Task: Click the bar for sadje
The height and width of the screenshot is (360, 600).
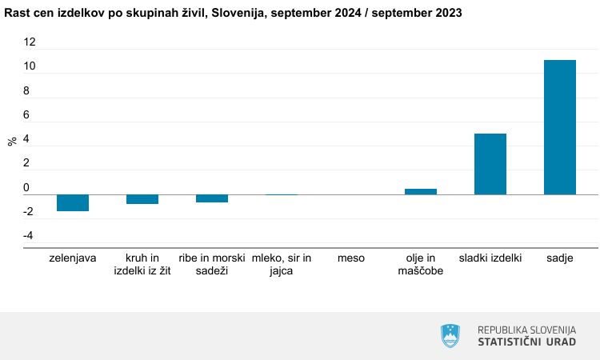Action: (x=560, y=126)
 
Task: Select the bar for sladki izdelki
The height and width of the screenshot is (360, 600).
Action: (x=490, y=164)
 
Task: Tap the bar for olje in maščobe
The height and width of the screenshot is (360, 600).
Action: (x=421, y=191)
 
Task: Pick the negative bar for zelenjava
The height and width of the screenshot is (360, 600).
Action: (x=73, y=202)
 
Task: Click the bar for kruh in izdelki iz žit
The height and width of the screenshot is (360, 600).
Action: (x=142, y=199)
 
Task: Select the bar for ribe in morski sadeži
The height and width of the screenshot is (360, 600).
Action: (x=212, y=198)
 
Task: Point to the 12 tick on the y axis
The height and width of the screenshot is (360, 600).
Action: (x=30, y=42)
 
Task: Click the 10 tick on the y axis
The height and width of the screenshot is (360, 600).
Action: (x=30, y=66)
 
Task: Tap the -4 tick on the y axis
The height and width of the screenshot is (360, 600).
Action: (x=28, y=236)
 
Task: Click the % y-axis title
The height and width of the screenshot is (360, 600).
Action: (x=12, y=142)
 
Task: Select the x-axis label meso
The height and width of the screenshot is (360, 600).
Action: (x=351, y=258)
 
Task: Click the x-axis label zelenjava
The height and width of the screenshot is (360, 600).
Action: (x=73, y=258)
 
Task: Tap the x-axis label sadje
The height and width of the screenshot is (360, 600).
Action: (x=560, y=258)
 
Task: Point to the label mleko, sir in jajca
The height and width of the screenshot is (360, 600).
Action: (x=282, y=265)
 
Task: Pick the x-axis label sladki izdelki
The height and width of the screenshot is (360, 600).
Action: (x=490, y=258)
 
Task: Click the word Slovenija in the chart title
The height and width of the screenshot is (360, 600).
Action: (x=239, y=14)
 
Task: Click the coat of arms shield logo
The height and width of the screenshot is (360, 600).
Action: (x=452, y=335)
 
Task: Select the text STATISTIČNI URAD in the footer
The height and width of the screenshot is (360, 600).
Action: (x=526, y=342)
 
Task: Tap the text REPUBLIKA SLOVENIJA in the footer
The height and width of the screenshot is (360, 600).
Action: (x=526, y=330)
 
